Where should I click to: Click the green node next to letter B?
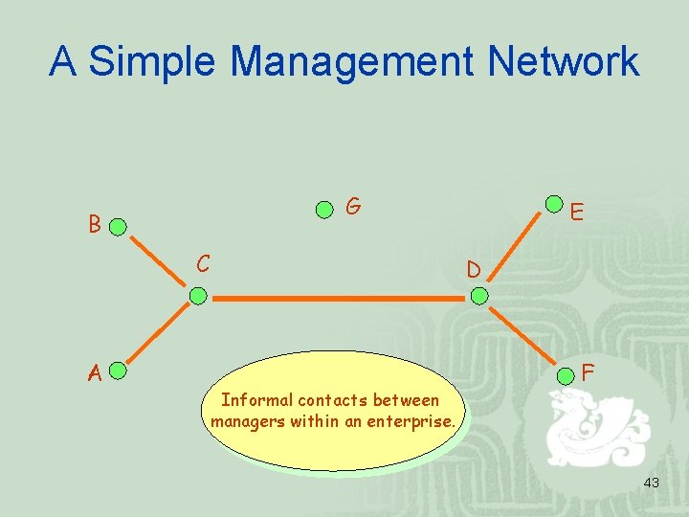coord(117,228)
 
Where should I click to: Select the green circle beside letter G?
coord(325,209)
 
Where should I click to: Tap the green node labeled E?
coord(554,204)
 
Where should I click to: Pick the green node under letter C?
coord(197,297)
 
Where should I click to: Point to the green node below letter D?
coord(479,297)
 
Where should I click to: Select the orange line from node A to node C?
coord(157,332)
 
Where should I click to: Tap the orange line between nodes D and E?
coord(517,251)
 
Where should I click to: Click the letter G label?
coord(353,206)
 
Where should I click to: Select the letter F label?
coord(589,371)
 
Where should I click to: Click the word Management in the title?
coord(353,62)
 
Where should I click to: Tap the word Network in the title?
coord(563,62)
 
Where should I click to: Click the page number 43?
coord(651,483)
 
